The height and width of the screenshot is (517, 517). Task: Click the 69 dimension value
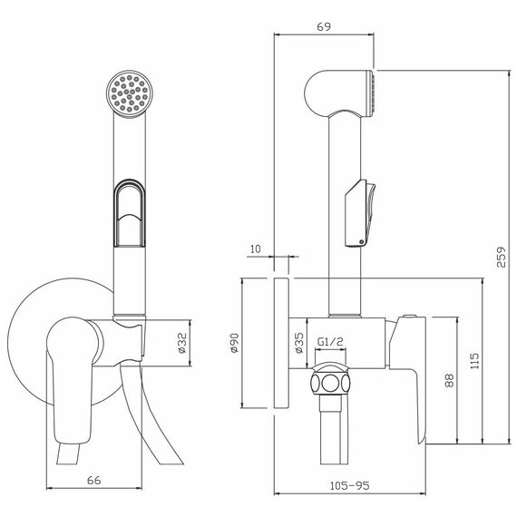[324, 26]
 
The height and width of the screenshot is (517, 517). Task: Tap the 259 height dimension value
[501, 258]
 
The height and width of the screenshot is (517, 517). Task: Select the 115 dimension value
[474, 361]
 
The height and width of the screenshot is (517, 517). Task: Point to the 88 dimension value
[449, 380]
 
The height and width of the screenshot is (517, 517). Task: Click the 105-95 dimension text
[350, 485]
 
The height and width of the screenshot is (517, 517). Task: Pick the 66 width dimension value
[94, 480]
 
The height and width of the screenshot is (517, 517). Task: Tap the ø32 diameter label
[182, 343]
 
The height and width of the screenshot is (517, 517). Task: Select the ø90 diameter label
[234, 343]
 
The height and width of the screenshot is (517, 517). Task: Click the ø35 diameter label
[298, 343]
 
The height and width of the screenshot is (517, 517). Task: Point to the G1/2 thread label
[330, 342]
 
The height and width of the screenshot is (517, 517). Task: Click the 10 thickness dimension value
[255, 249]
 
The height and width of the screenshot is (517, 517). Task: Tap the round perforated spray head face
[130, 94]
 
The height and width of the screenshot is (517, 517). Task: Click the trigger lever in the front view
[129, 213]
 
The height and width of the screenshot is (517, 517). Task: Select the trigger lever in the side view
[360, 214]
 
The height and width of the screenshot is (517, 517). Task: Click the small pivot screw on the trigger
[362, 241]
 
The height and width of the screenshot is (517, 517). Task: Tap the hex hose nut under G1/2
[330, 384]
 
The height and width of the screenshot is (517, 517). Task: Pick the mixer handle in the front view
[70, 379]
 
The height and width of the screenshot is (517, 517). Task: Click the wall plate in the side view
[281, 343]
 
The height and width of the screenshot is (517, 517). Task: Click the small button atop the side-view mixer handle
[409, 317]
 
